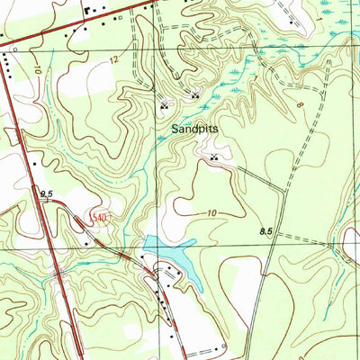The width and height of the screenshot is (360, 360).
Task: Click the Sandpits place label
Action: [195, 129]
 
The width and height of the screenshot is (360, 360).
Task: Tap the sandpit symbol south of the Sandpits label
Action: [214, 157]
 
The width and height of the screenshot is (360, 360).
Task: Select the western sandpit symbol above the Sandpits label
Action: [164, 104]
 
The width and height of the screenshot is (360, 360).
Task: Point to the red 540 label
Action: [99, 218]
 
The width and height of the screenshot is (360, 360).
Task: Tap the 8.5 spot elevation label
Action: [266, 231]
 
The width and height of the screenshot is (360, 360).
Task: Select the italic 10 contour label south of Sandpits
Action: [211, 213]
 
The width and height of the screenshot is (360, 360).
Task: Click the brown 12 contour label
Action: [113, 58]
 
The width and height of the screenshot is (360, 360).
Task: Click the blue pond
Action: [171, 255]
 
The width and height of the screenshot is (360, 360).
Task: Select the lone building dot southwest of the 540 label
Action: [86, 241]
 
